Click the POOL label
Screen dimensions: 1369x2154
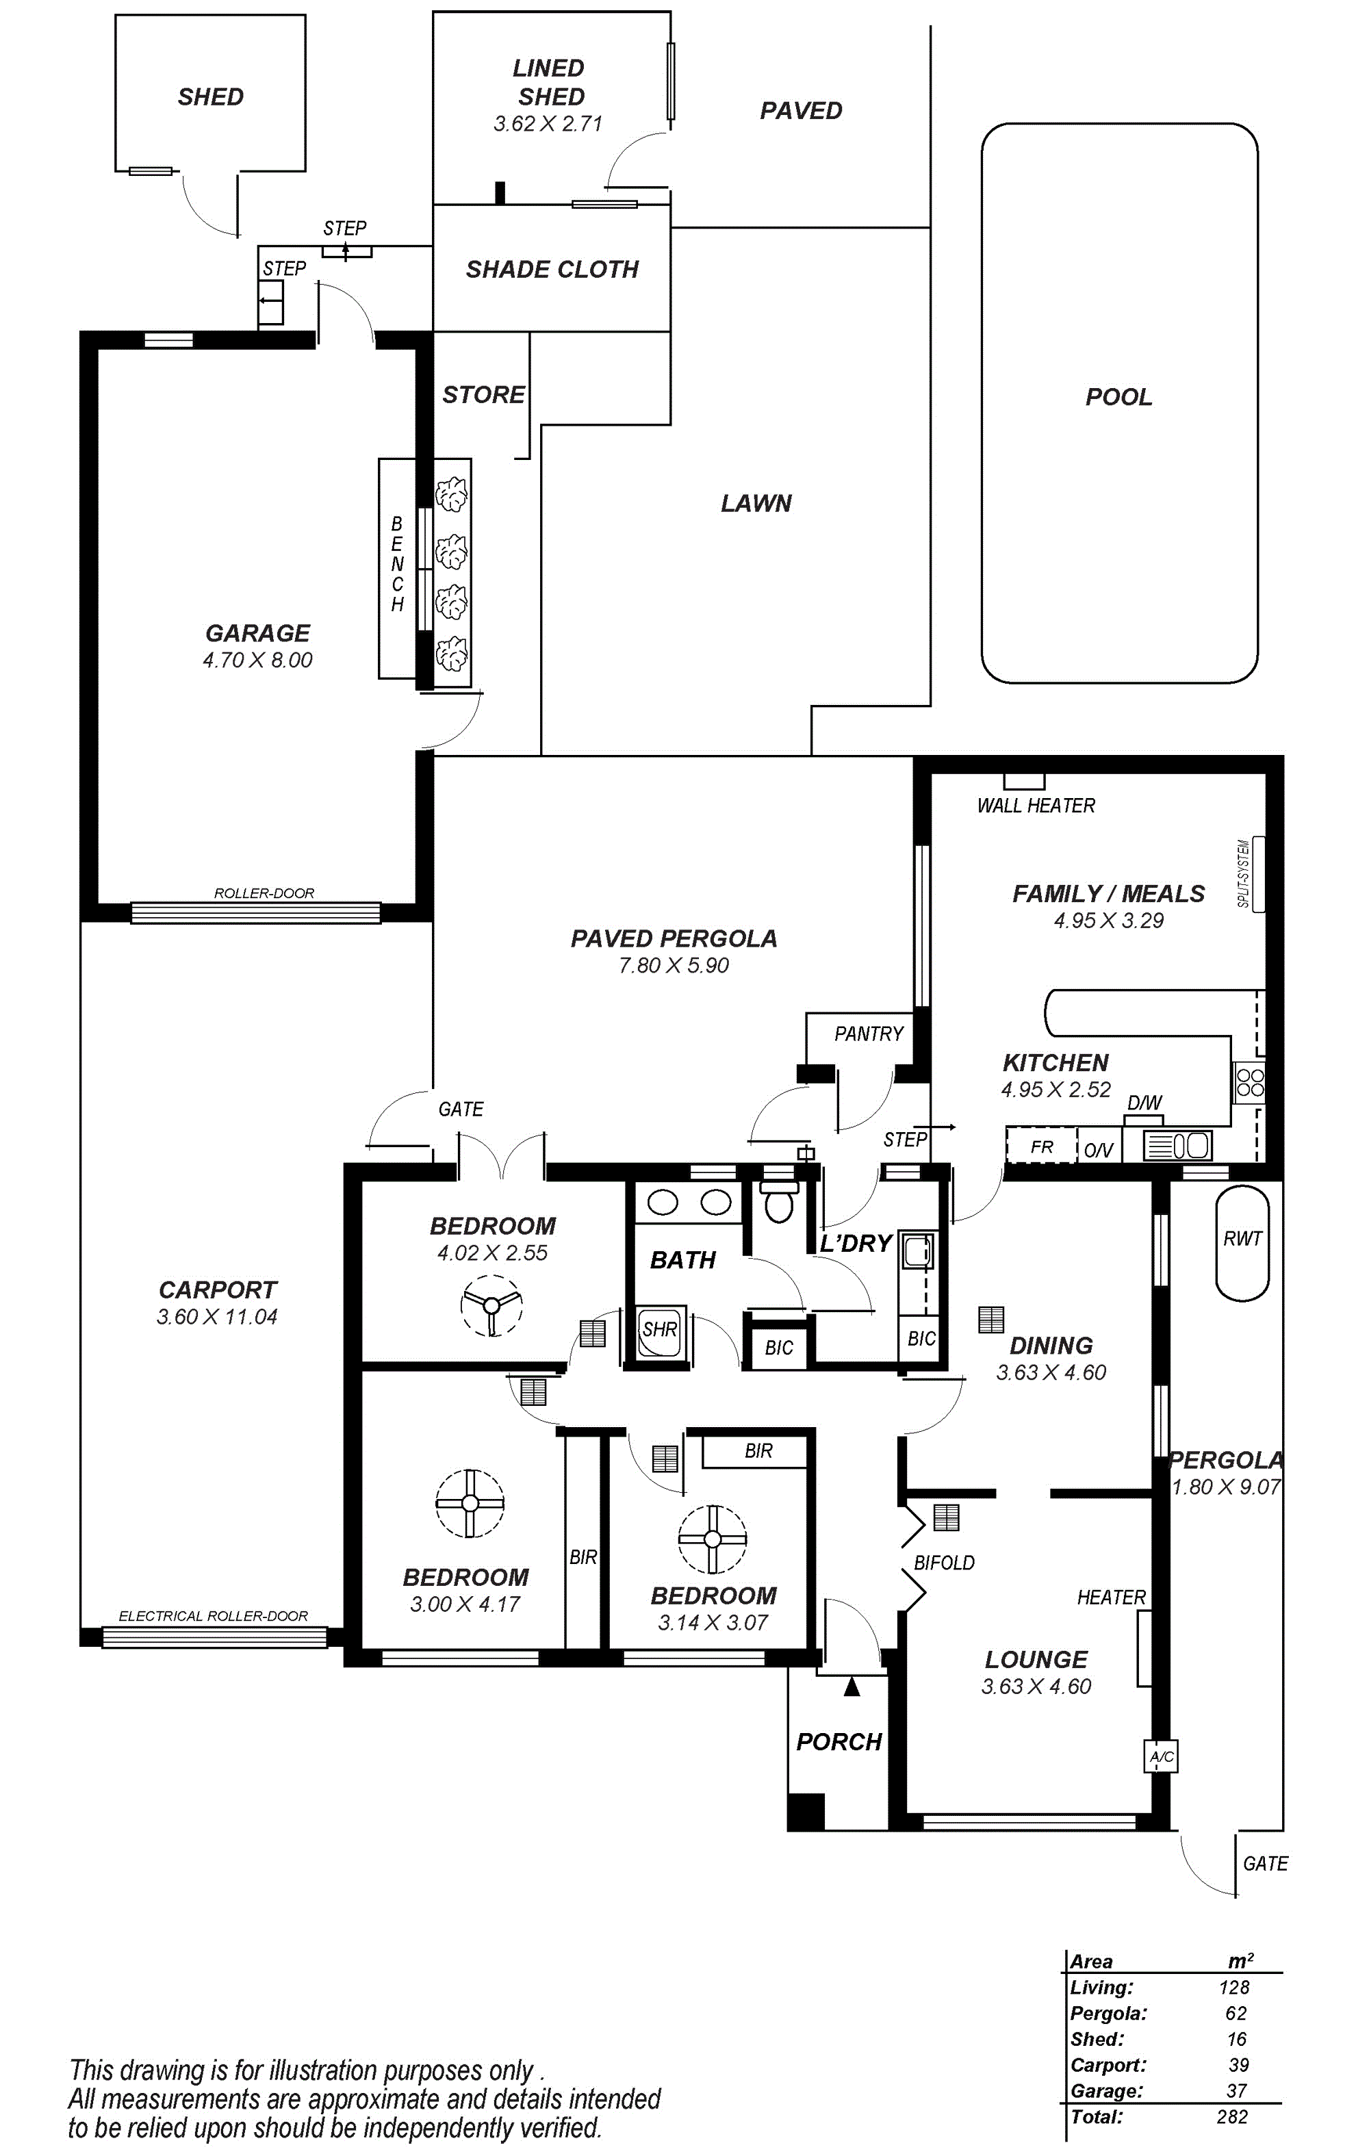tap(1118, 396)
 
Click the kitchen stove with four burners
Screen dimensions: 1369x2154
tap(1249, 1081)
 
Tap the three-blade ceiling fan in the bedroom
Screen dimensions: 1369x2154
tap(491, 1305)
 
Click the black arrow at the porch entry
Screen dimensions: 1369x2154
tap(852, 1686)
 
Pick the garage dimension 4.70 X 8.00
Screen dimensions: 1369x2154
tap(257, 660)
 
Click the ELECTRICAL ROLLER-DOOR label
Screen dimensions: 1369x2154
tap(213, 1615)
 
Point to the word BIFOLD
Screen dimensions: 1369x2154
tap(944, 1563)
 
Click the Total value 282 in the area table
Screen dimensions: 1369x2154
tap(1232, 2116)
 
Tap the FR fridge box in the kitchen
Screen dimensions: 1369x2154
tap(1042, 1146)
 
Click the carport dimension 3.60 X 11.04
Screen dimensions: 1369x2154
tap(218, 1317)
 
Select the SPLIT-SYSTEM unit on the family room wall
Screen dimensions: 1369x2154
tap(1258, 874)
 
